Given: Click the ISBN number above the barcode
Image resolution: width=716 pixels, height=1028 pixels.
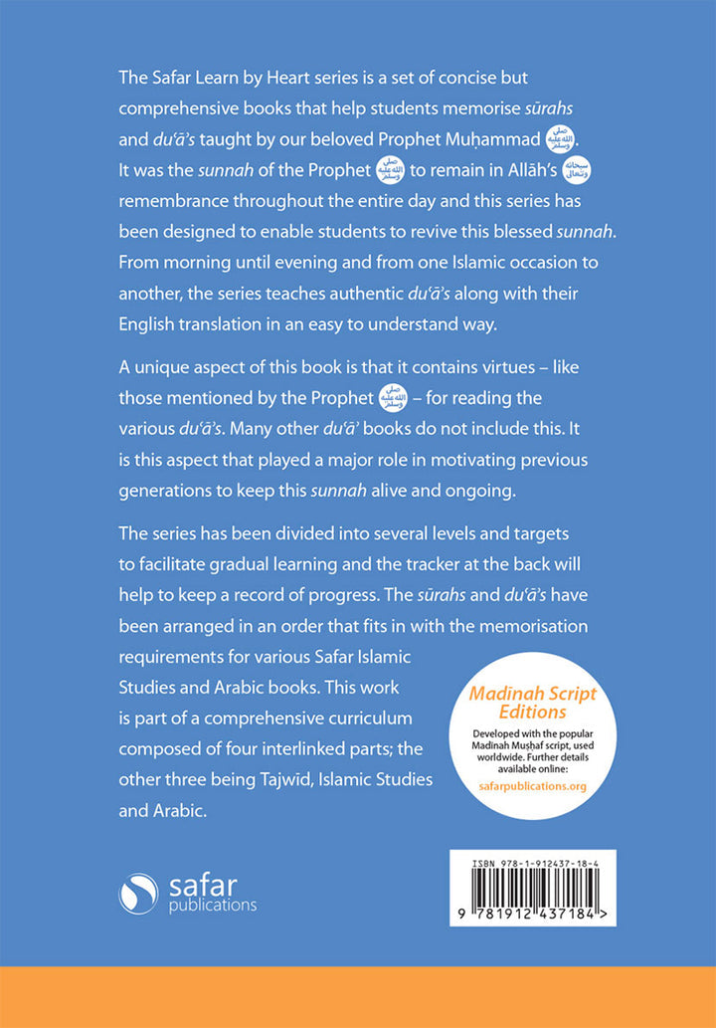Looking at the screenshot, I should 533,854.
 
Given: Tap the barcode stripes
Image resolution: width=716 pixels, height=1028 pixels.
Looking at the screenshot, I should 532,882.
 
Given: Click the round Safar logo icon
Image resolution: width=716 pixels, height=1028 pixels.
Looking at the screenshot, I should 138,894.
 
